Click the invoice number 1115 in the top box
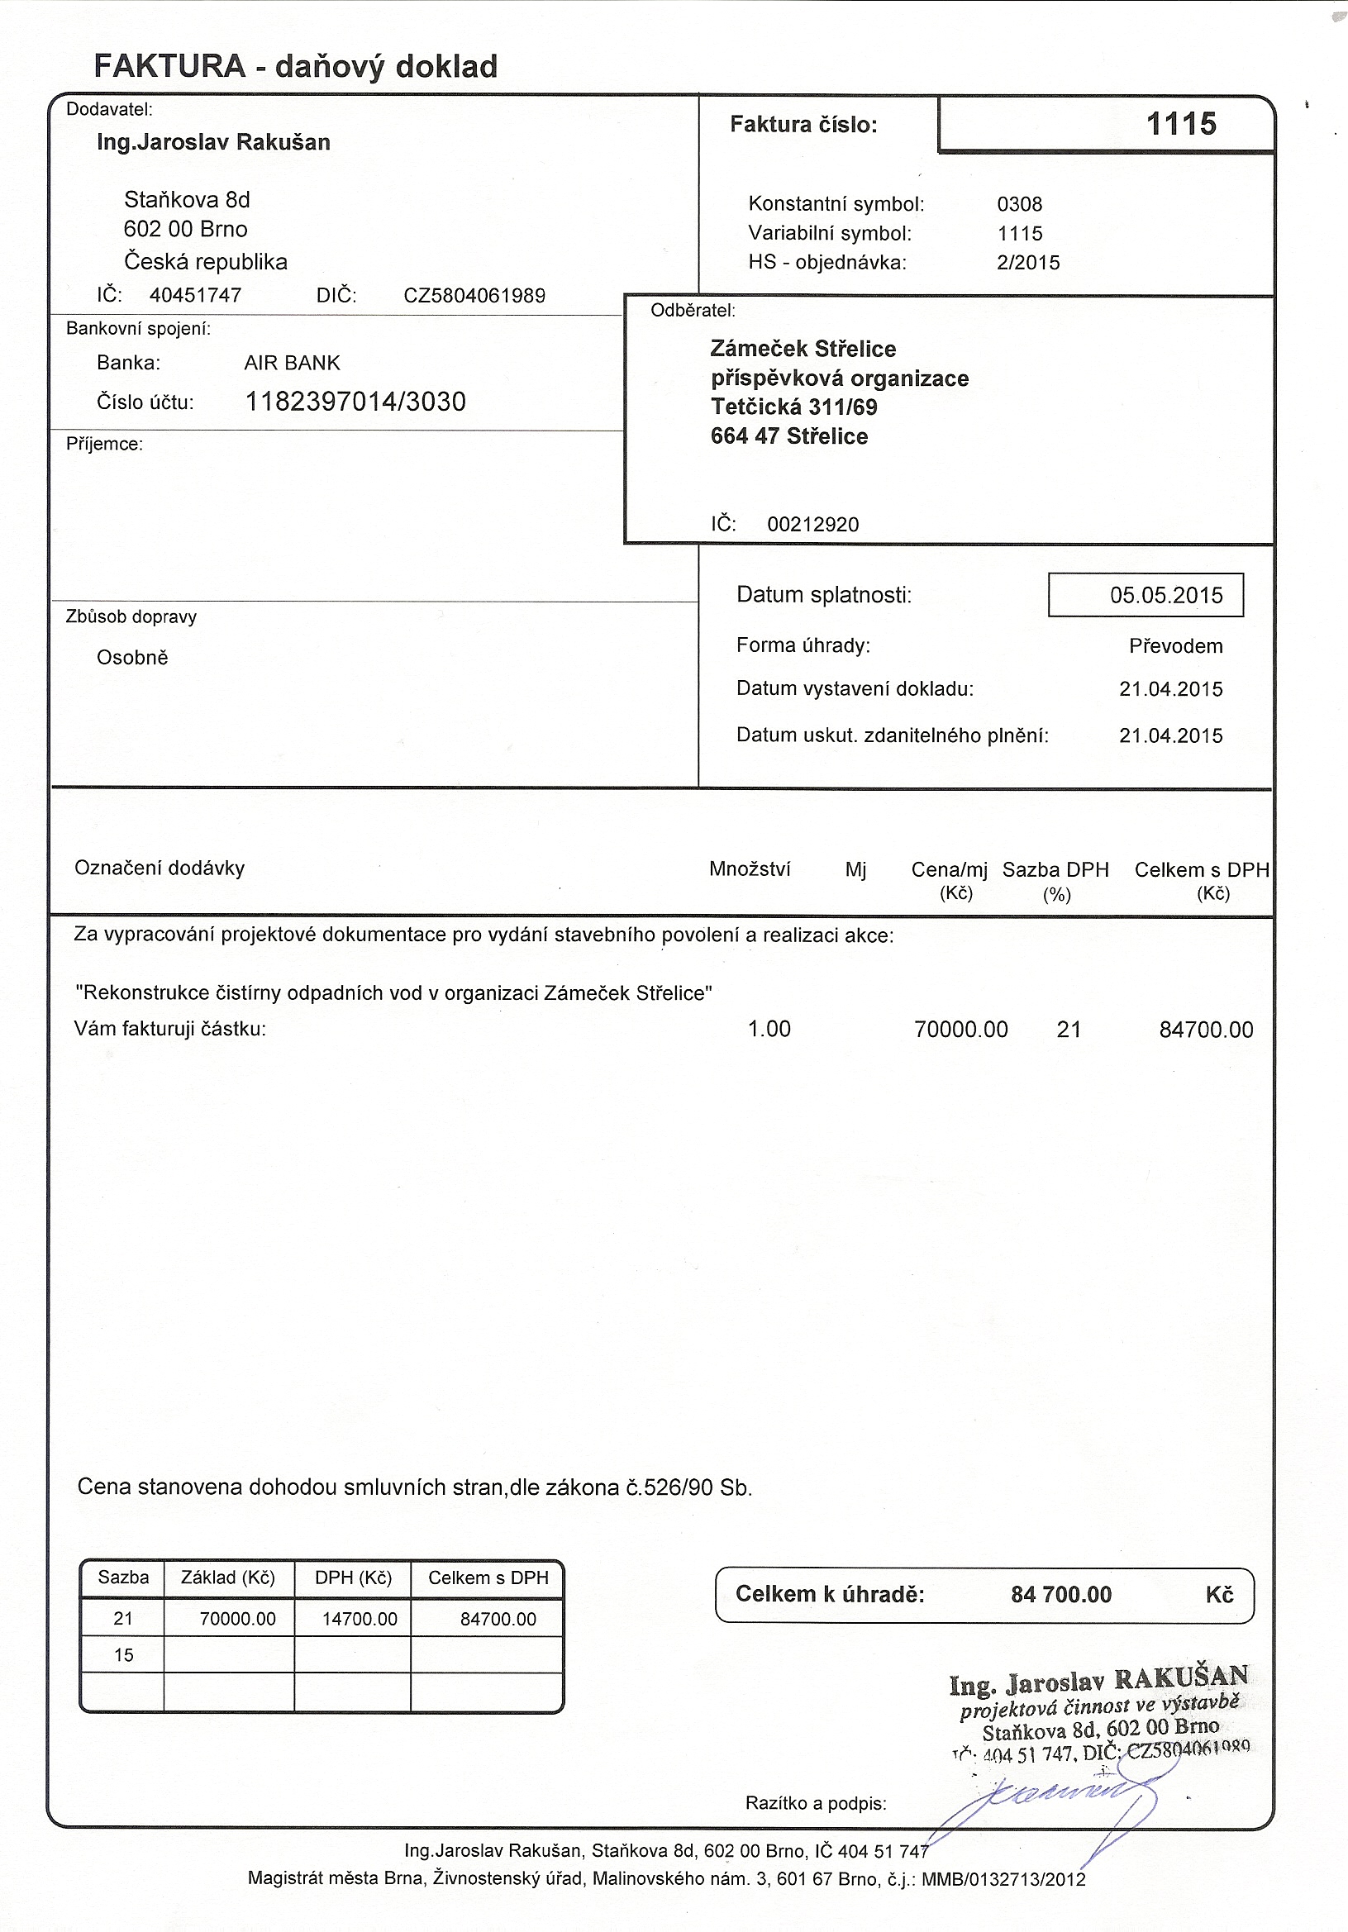tap(1180, 124)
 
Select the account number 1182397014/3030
tap(355, 402)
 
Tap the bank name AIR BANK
tap(292, 363)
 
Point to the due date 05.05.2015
tap(1165, 596)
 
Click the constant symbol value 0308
tap(1019, 203)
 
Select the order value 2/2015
tap(1027, 263)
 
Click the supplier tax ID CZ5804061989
tap(474, 295)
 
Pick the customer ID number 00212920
tap(812, 525)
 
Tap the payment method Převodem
tap(1175, 646)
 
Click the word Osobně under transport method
tap(132, 658)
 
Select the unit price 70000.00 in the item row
tap(960, 1029)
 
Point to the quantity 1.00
tap(769, 1029)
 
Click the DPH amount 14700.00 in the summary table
tap(360, 1619)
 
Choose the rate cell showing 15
tap(123, 1655)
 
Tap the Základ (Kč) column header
tap(228, 1577)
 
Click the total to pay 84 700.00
tap(1060, 1595)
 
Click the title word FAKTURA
tap(169, 65)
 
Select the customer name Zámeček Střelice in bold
tap(803, 350)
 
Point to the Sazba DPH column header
tap(1055, 870)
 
